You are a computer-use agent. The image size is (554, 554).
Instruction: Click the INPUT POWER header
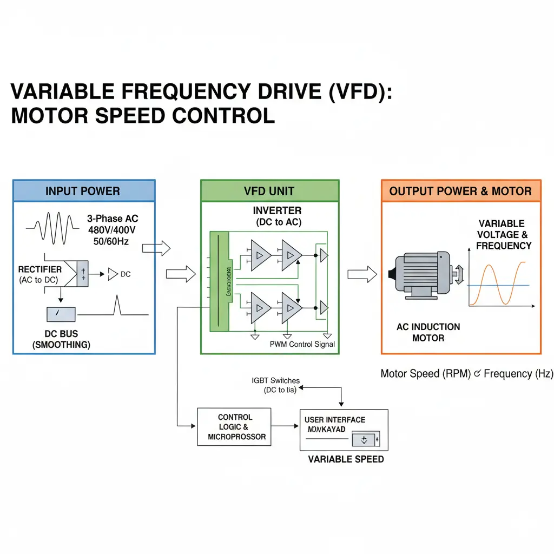tap(83, 191)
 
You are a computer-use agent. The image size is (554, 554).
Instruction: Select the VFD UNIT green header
tap(269, 191)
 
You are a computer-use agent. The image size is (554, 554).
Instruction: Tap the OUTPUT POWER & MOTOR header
tap(460, 191)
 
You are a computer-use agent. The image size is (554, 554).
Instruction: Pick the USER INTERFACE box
tap(344, 430)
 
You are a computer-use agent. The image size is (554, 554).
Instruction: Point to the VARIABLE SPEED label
tap(346, 459)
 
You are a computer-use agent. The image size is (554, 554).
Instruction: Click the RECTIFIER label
tap(39, 269)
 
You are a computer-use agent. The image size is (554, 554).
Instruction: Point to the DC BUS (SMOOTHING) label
tap(61, 339)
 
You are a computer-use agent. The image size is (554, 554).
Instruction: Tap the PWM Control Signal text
tap(302, 344)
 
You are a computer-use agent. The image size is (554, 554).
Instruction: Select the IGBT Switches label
tap(275, 381)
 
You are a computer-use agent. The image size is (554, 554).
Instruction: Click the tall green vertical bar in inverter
tap(219, 281)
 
